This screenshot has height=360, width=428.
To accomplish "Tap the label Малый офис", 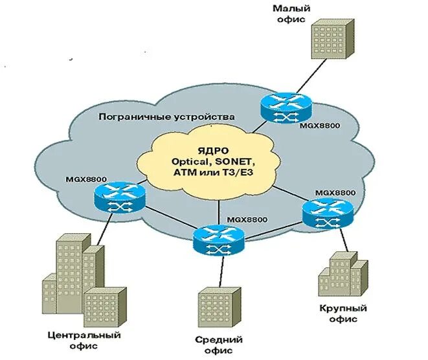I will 291,14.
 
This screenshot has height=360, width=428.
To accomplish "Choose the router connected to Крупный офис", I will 327,212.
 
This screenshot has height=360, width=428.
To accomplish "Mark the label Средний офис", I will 218,345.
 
